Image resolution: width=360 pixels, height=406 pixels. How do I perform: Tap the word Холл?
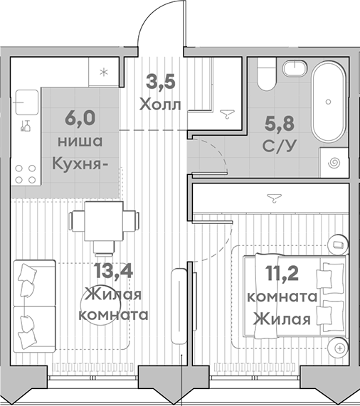coord(161,105)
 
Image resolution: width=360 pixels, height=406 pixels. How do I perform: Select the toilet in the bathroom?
coord(266,75)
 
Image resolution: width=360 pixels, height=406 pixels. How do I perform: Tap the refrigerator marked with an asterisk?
coord(105,71)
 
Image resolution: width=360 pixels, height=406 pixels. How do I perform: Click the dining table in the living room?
coord(105,220)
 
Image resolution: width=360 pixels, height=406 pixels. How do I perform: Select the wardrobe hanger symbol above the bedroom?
coord(272,196)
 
